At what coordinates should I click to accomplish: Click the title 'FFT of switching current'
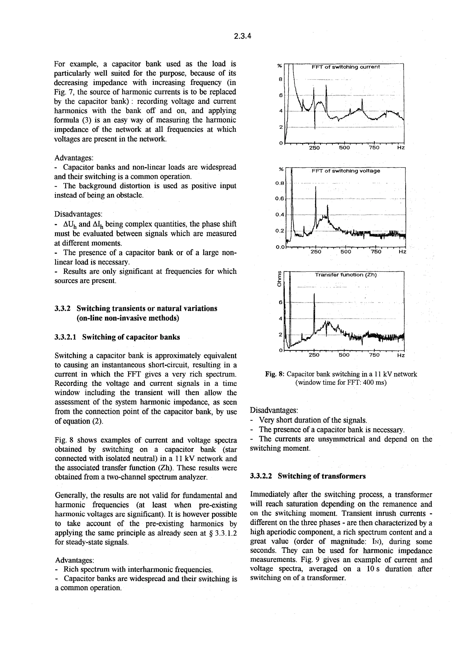pos(345,67)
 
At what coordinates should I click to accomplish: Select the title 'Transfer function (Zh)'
pos(346,275)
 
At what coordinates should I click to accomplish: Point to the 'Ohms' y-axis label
pos(279,279)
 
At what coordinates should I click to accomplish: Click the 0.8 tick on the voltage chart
pos(279,183)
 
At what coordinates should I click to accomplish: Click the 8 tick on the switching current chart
pos(280,79)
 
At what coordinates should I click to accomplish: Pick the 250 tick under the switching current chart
pos(314,148)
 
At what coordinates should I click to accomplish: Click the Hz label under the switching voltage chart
pos(402,252)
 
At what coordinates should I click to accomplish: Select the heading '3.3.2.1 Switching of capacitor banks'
pos(117,337)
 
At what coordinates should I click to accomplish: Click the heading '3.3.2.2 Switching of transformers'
pos(308,476)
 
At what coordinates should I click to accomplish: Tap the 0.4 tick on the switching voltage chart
pos(279,215)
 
